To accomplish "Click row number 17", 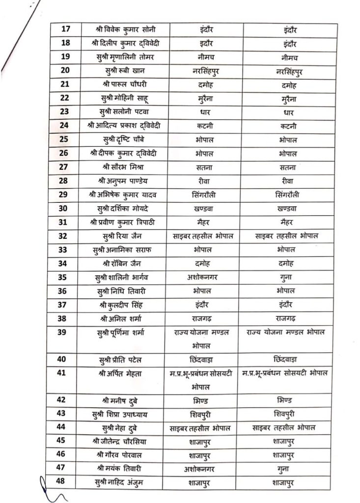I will point(65,30).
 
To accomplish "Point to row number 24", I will point(64,126).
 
